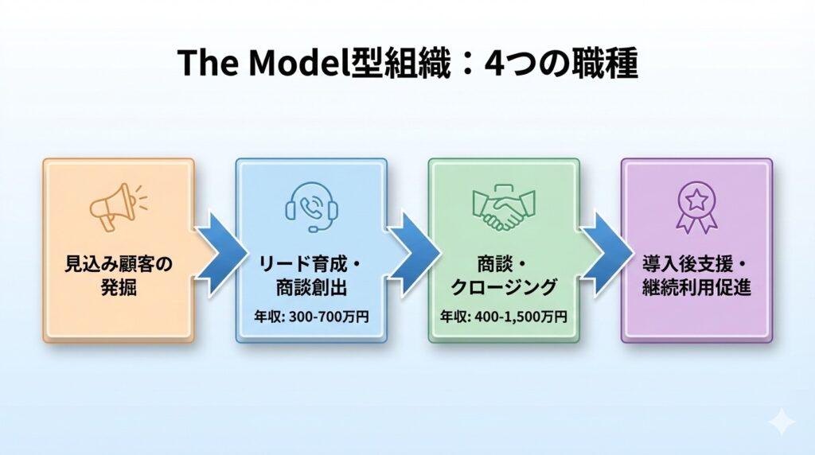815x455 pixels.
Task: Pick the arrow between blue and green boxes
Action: pos(409,251)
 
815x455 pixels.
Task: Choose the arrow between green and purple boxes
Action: pos(602,251)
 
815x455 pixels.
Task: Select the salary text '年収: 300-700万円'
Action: pos(311,316)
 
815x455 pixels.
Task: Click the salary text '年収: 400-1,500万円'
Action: pos(504,316)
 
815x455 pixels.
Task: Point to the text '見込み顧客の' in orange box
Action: pos(118,265)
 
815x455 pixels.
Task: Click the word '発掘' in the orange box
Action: pos(118,287)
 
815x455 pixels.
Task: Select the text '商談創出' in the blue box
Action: pos(311,287)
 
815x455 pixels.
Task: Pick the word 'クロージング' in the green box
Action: pos(504,287)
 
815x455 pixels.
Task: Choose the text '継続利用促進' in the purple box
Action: pos(696,287)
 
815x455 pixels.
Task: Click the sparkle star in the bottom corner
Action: pos(782,422)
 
